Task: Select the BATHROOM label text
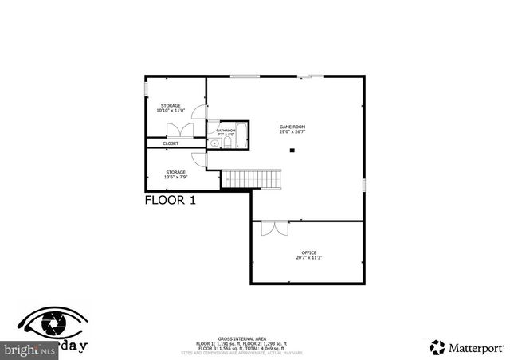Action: coord(226,131)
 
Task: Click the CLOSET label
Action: coord(171,143)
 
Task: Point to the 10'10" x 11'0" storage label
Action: coord(171,108)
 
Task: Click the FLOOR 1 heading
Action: coord(170,201)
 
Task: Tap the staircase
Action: coord(252,179)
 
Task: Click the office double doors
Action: coord(273,228)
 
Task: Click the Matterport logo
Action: coord(467,346)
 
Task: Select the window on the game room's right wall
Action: coord(364,184)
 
